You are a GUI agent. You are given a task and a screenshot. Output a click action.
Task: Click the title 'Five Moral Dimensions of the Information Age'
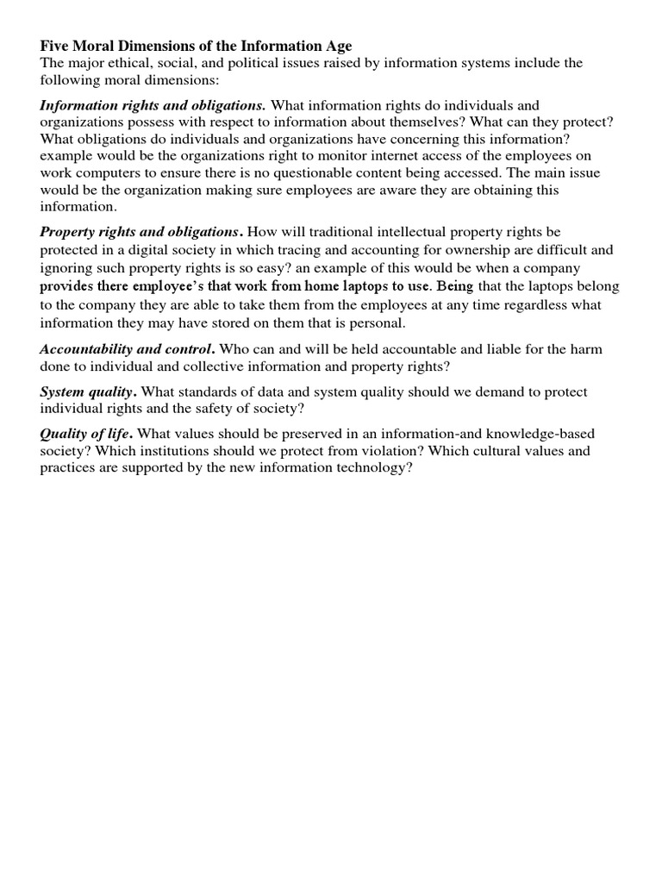(x=197, y=46)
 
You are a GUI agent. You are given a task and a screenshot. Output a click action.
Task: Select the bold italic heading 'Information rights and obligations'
(x=153, y=105)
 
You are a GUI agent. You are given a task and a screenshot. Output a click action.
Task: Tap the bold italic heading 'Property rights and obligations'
(x=141, y=232)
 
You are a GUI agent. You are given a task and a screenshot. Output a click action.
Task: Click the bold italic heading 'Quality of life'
(x=86, y=434)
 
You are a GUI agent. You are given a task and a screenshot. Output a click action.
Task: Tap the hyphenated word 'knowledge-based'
(x=540, y=434)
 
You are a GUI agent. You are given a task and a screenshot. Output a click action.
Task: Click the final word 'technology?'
(x=371, y=467)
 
